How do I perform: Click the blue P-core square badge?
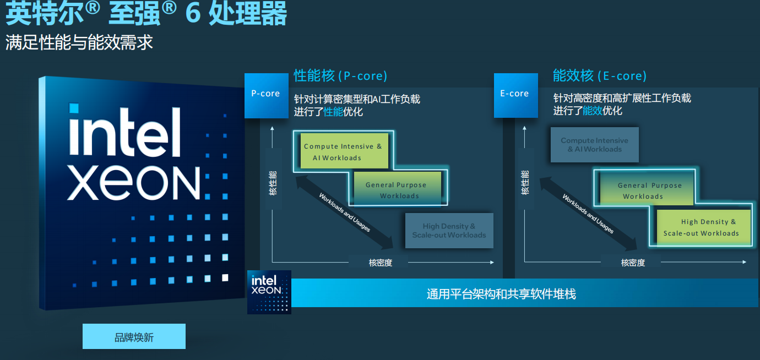[x=267, y=96]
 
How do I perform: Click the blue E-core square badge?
[x=515, y=95]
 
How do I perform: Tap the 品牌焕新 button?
[x=134, y=336]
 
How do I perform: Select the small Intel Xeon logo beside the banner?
[x=269, y=292]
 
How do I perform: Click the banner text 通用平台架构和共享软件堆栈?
[x=501, y=294]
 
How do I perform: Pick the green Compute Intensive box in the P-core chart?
[x=344, y=151]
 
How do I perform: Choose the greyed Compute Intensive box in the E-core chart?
[x=594, y=145]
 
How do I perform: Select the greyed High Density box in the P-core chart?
[x=449, y=231]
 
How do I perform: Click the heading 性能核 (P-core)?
[x=340, y=75]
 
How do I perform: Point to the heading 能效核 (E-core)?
[x=600, y=75]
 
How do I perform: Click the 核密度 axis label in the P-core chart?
[x=381, y=263]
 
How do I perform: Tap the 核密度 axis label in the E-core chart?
[x=633, y=263]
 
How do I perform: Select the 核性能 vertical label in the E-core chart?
[x=525, y=183]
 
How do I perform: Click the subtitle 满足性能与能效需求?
[x=79, y=42]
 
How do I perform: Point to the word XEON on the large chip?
[x=134, y=183]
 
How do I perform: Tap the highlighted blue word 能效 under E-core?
[x=593, y=111]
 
